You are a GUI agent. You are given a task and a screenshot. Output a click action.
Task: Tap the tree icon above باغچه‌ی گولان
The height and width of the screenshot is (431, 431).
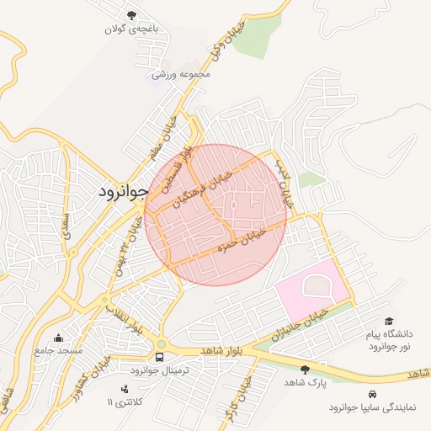point(131,15)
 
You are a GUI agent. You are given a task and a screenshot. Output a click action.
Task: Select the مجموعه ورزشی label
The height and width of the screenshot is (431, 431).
point(180,74)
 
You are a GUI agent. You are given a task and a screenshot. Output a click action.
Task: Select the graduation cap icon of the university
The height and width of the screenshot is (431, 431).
point(389,322)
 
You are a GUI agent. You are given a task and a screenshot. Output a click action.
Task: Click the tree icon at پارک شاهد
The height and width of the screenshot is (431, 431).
point(305,370)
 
